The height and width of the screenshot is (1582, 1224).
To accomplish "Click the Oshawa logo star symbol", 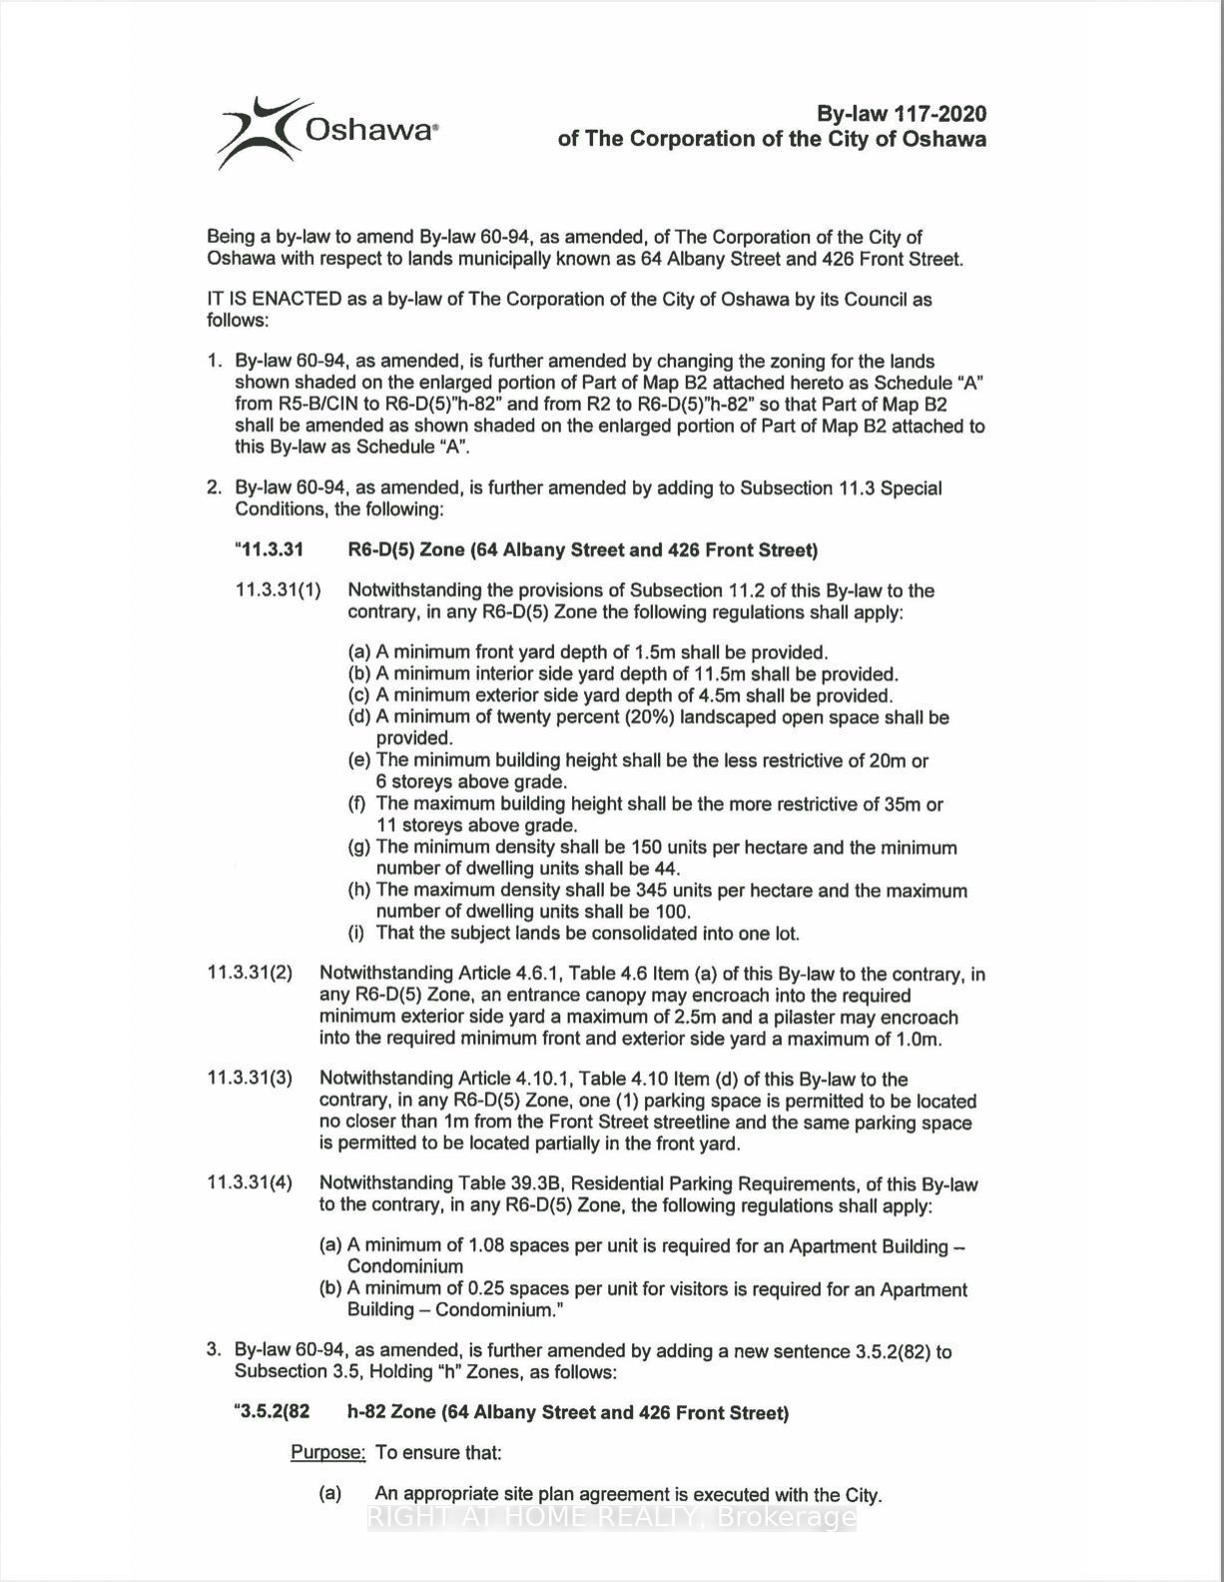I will [x=257, y=131].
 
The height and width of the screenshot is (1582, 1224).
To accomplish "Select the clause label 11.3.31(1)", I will [x=279, y=590].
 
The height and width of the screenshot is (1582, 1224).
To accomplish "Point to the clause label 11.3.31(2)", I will [x=250, y=974].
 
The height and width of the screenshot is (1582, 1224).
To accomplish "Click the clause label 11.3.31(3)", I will [x=250, y=1079].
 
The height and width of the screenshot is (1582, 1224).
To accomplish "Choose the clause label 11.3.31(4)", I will [x=250, y=1184].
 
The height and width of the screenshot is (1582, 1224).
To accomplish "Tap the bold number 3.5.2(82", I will [x=273, y=1412].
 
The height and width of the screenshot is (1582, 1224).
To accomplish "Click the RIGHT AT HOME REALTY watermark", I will [x=611, y=1519].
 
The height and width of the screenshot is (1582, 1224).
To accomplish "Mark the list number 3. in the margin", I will [x=214, y=1351].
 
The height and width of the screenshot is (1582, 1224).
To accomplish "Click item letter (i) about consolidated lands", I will [x=355, y=934].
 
